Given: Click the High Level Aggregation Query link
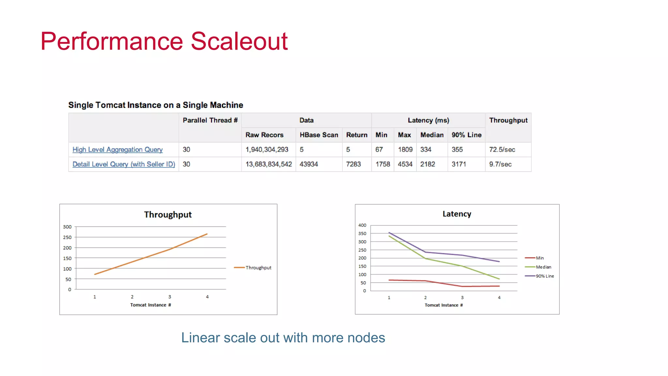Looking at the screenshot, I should tap(117, 149).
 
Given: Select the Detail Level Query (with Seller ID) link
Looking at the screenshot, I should tap(124, 164).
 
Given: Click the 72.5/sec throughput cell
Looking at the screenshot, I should tap(502, 149).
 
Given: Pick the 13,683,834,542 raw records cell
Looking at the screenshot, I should tap(268, 164).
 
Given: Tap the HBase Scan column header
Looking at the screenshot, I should tap(319, 135).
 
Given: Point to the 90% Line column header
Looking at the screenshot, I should tap(466, 135).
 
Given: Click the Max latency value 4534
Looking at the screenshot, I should tap(405, 164).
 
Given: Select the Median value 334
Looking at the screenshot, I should tap(426, 149).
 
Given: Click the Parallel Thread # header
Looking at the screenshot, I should tap(210, 120).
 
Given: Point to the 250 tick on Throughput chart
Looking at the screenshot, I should tap(67, 237).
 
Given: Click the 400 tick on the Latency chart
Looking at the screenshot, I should tap(362, 225).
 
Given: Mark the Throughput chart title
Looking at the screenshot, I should tap(168, 214).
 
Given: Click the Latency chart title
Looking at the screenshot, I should tap(457, 214).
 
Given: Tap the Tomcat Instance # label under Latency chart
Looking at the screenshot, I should tap(444, 305).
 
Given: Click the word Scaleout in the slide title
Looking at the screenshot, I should tap(239, 41).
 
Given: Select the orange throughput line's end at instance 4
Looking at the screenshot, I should tap(207, 234).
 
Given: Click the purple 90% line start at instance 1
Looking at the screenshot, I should tap(389, 233).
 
